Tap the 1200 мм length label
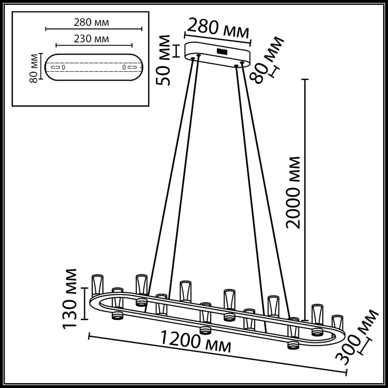click(196, 341)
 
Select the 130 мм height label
click(70, 299)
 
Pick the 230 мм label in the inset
click(91, 39)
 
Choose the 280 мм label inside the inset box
click(91, 22)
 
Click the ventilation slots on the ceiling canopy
click(222, 51)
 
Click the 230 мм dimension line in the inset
click(94, 45)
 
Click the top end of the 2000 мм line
click(304, 79)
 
